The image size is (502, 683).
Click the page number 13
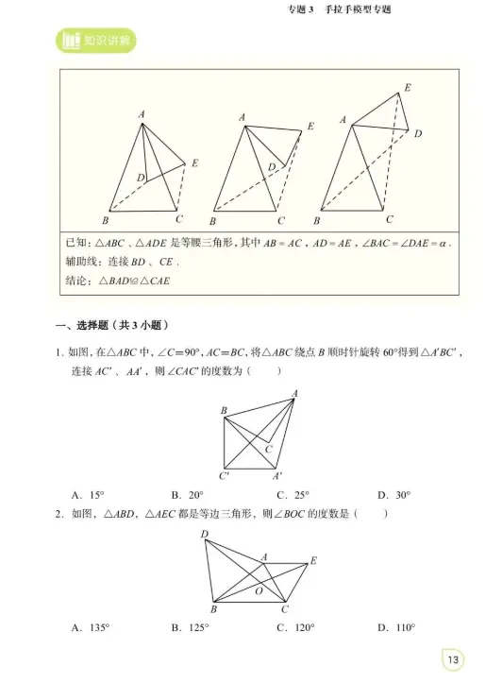point(453,658)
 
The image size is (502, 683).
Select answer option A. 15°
point(88,494)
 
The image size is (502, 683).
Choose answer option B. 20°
point(188,494)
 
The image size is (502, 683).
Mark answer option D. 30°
point(393,494)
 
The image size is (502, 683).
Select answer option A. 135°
point(91,627)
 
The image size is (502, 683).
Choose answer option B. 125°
point(191,627)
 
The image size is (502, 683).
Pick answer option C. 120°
point(295,627)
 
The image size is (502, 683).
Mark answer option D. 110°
point(396,627)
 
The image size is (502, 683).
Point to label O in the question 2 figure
point(258,590)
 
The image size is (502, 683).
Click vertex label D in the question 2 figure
point(204,536)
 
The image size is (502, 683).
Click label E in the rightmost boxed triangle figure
point(408,88)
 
